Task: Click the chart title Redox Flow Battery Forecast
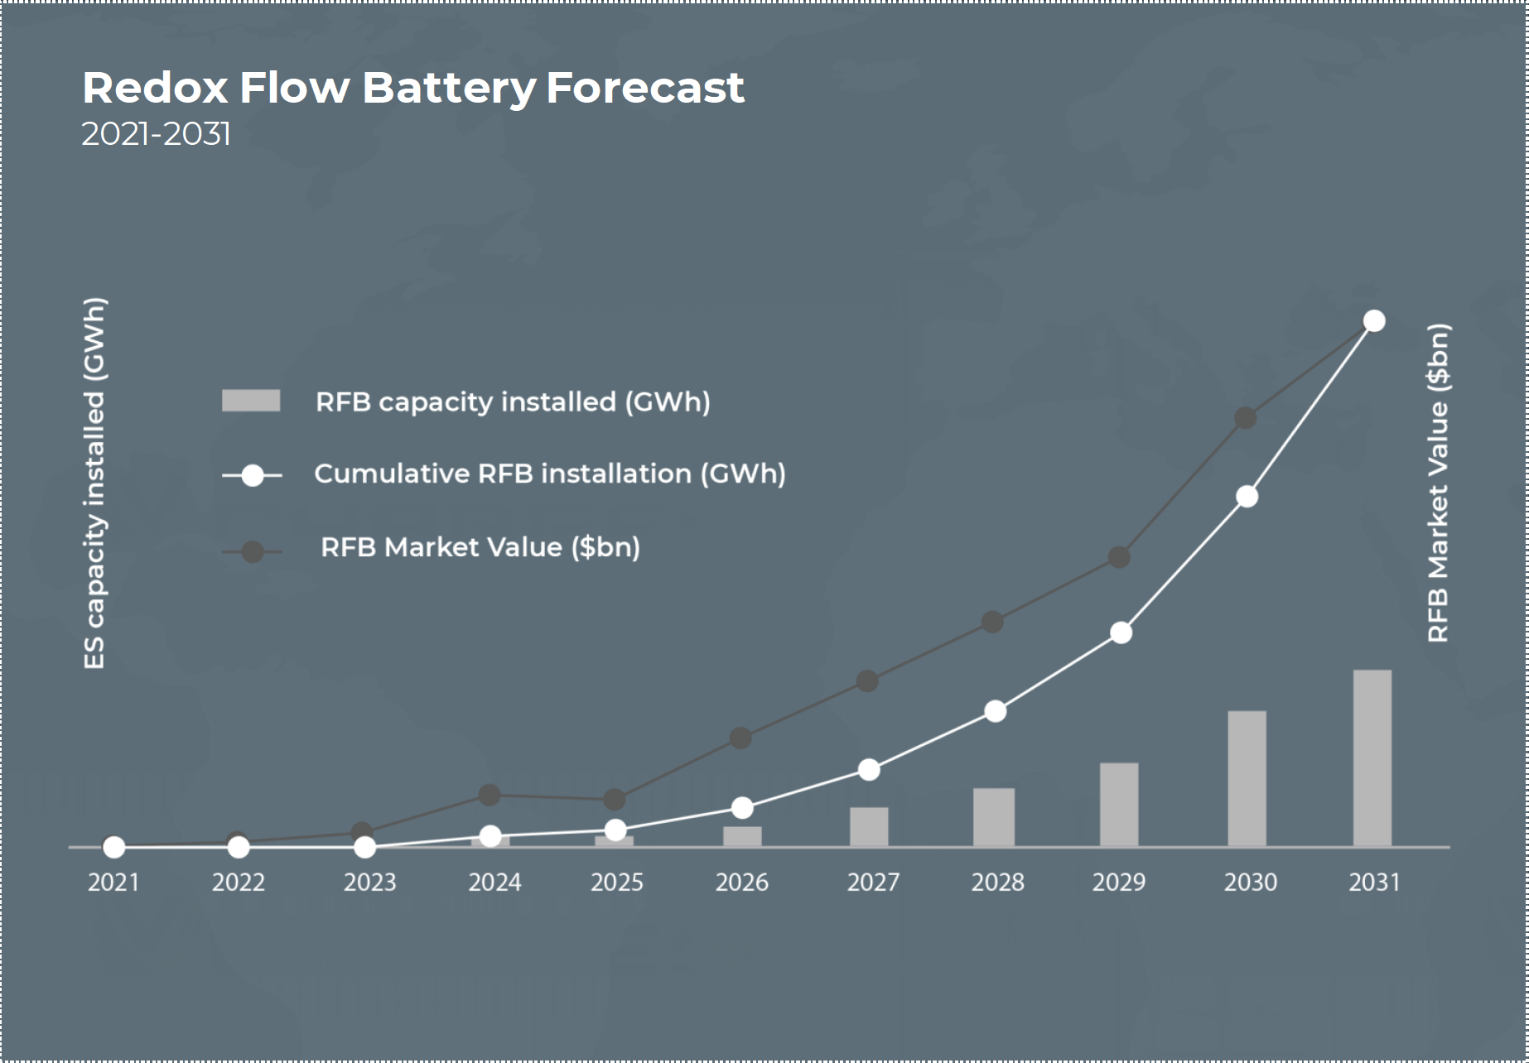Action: click(413, 88)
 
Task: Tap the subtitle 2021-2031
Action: click(156, 134)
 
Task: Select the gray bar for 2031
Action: click(1372, 758)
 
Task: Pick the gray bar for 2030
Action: click(1247, 778)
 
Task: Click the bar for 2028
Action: click(993, 817)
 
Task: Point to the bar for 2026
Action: click(742, 836)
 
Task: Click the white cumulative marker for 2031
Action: click(1374, 320)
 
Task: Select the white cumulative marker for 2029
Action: click(1121, 633)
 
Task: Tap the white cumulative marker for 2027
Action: click(869, 770)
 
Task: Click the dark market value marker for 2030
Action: click(1246, 418)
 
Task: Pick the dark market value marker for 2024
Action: click(490, 795)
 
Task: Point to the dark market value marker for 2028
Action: click(992, 622)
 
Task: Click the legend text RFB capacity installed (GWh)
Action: click(513, 402)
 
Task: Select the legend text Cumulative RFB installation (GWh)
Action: click(549, 474)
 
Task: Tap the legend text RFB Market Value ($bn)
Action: click(480, 547)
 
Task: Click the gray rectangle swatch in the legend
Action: click(251, 401)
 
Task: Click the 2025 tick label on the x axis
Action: click(617, 883)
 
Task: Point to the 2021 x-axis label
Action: click(113, 883)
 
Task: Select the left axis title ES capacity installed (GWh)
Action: click(94, 483)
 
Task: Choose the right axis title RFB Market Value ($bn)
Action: click(1438, 483)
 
